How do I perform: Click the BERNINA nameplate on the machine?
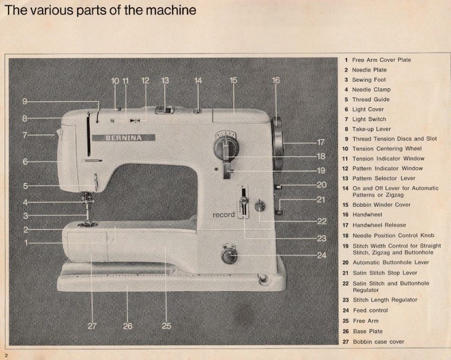tap(130, 137)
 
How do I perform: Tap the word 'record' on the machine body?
tap(224, 215)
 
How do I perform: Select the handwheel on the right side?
tap(277, 143)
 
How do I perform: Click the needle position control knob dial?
tap(225, 146)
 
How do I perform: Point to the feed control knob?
tap(229, 255)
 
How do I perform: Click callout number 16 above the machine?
tap(275, 81)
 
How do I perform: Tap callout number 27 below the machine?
tap(93, 326)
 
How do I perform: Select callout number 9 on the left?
tap(25, 101)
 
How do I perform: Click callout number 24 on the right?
tap(321, 256)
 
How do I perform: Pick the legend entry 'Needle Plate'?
tap(369, 70)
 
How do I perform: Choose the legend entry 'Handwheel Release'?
tap(379, 225)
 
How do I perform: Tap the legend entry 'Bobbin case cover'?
tap(378, 342)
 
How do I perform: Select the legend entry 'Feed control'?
tap(370, 311)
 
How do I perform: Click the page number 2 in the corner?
tap(6, 354)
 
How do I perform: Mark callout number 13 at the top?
tap(165, 81)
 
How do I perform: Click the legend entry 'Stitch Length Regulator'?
tap(385, 300)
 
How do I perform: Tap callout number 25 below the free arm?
tap(166, 326)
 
